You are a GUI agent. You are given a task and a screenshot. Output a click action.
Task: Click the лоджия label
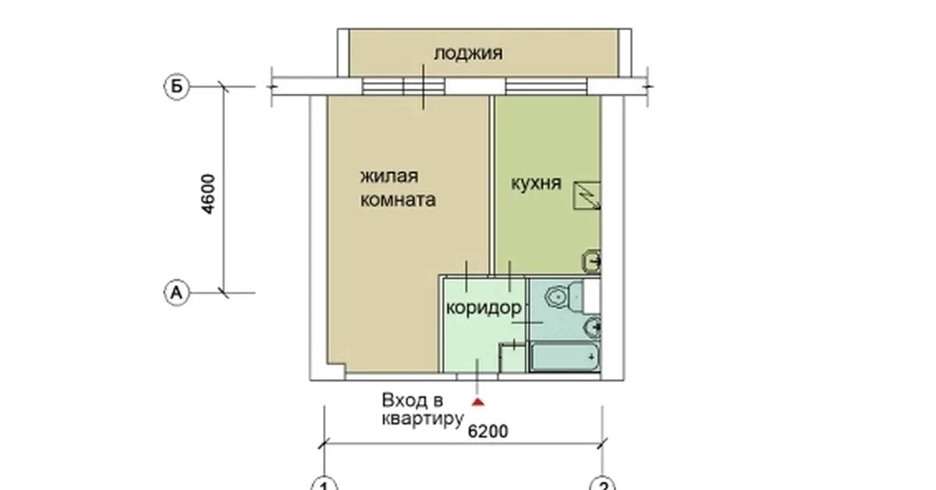(x=468, y=54)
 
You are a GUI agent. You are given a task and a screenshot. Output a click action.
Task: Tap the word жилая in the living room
(x=389, y=176)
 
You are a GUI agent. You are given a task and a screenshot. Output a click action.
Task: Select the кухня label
(x=536, y=183)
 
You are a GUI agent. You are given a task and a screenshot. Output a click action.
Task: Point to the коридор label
(x=484, y=308)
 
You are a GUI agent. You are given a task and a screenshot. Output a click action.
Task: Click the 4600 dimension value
(x=207, y=194)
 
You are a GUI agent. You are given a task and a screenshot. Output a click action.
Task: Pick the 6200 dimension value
(x=488, y=431)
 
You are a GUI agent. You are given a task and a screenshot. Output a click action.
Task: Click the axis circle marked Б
(x=176, y=87)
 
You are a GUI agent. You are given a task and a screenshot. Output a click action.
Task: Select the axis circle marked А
(x=176, y=293)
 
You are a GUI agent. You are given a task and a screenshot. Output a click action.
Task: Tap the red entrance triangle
(x=478, y=402)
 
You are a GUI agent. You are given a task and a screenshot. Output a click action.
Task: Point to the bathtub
(x=565, y=357)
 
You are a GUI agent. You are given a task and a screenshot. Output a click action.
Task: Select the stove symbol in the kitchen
(x=587, y=196)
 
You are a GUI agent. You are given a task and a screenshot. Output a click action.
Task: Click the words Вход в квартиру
(x=423, y=410)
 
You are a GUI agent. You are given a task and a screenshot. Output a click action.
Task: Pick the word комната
(x=398, y=201)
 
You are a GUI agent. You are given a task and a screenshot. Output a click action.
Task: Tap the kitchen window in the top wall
(x=547, y=87)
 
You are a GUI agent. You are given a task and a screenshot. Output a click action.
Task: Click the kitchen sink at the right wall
(x=592, y=261)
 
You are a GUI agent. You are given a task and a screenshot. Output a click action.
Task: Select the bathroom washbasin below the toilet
(x=594, y=327)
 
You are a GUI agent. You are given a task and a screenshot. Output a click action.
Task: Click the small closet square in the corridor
(x=512, y=357)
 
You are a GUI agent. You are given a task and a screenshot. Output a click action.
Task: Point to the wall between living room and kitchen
(x=491, y=185)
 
